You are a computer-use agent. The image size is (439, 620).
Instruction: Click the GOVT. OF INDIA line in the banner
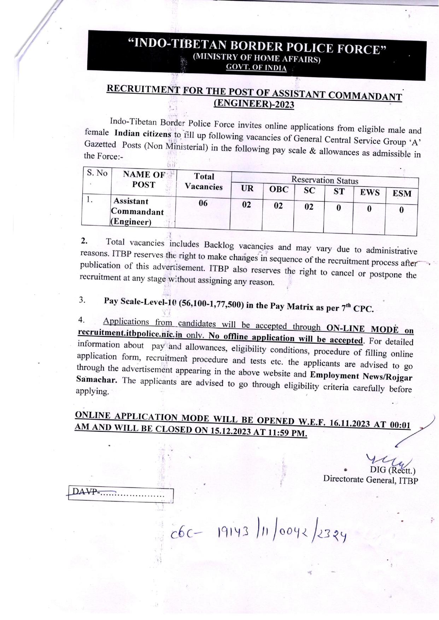pyautogui.click(x=256, y=67)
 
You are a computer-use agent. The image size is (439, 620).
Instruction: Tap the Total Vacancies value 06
pyautogui.click(x=203, y=203)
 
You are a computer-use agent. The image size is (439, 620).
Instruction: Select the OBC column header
pyautogui.click(x=279, y=189)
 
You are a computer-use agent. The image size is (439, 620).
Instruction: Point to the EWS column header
pyautogui.click(x=369, y=193)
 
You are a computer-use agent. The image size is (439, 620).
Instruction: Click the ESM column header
pyautogui.click(x=402, y=194)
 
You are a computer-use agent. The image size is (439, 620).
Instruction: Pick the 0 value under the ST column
pyautogui.click(x=338, y=208)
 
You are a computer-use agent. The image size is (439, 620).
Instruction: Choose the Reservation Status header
pyautogui.click(x=324, y=181)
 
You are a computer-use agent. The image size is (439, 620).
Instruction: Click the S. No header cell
pyautogui.click(x=97, y=173)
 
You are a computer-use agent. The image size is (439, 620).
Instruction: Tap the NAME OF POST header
pyautogui.click(x=144, y=179)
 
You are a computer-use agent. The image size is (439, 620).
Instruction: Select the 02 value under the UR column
pyautogui.click(x=246, y=205)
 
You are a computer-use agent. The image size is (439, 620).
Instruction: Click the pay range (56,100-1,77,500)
pyautogui.click(x=211, y=304)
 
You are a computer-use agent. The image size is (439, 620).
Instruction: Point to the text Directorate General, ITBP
pyautogui.click(x=370, y=480)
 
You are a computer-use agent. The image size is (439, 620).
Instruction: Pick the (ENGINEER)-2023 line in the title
pyautogui.click(x=254, y=104)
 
